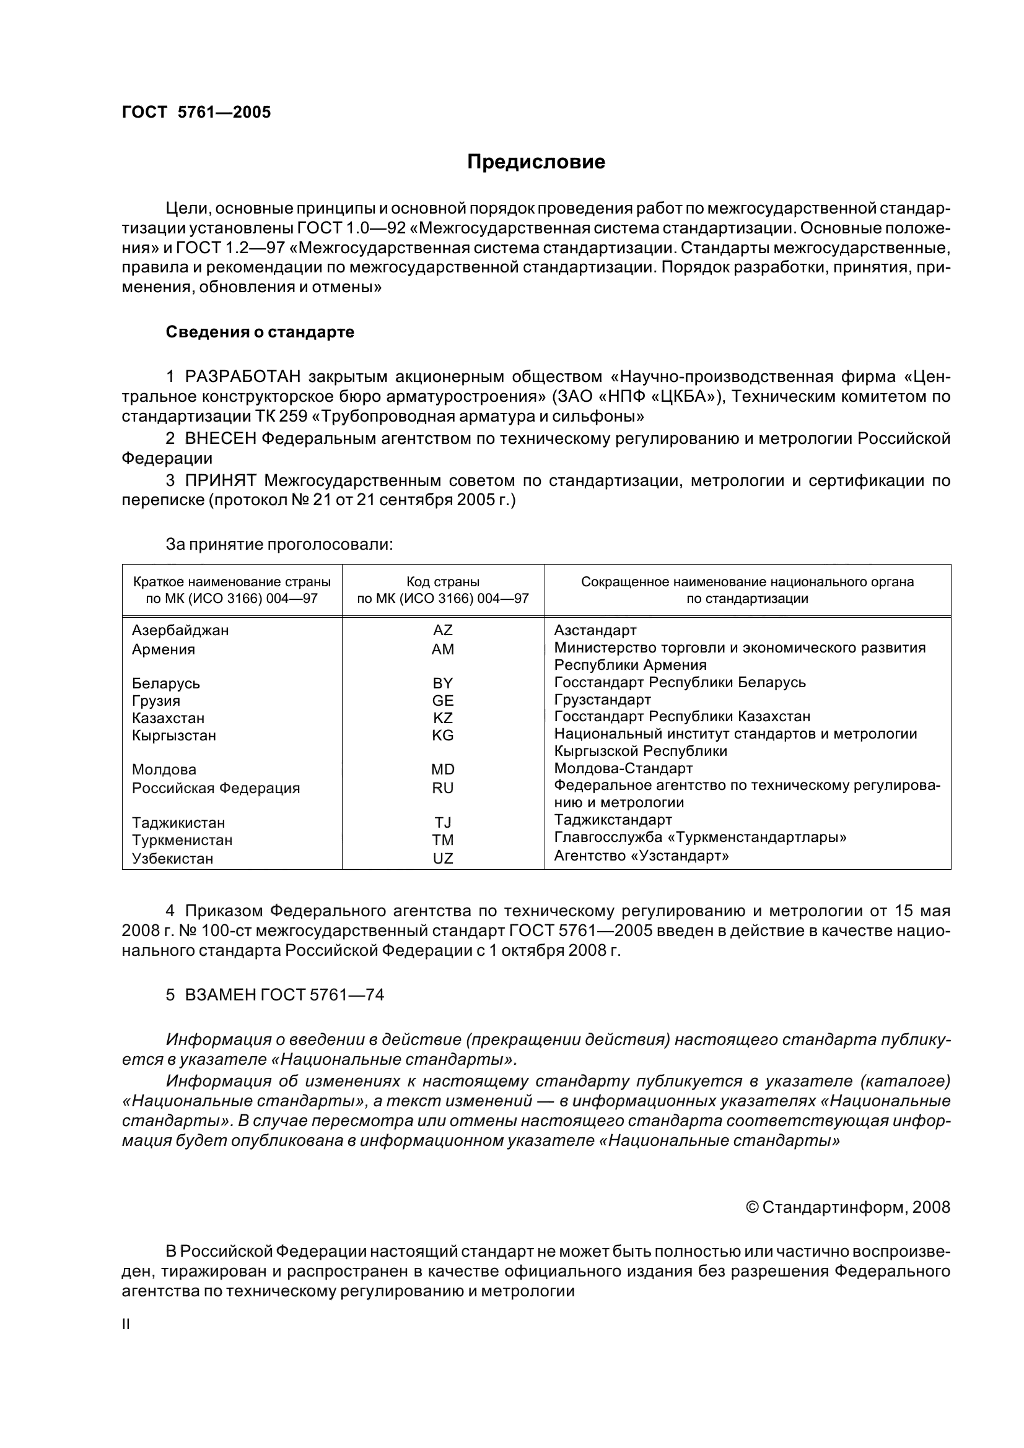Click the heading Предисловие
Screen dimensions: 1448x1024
click(536, 162)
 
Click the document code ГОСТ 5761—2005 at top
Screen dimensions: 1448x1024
click(196, 112)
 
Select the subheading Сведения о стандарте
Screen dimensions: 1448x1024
click(260, 332)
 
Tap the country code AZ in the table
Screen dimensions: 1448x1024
click(443, 630)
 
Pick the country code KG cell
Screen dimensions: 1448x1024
click(443, 735)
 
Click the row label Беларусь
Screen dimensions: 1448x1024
click(166, 683)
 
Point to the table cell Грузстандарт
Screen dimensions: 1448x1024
click(603, 700)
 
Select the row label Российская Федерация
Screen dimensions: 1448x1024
click(216, 788)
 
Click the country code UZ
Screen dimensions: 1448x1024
click(443, 858)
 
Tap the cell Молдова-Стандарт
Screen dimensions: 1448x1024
click(623, 768)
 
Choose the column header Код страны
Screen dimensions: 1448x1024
click(443, 582)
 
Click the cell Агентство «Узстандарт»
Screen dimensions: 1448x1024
click(641, 856)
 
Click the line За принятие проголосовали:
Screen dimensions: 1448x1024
click(279, 544)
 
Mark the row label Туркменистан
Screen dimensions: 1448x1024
click(182, 840)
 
